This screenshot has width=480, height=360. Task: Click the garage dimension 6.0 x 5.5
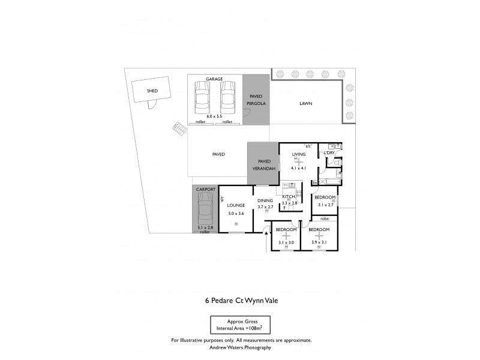point(214,115)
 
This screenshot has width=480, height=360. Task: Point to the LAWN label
point(306,103)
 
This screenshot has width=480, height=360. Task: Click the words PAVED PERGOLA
point(256,100)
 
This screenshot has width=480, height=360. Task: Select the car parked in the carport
point(205,213)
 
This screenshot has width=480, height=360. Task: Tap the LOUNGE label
point(236,205)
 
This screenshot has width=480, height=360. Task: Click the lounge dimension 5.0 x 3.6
point(236,213)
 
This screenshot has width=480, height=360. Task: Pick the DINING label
point(265,200)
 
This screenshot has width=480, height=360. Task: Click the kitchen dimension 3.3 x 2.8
point(290,203)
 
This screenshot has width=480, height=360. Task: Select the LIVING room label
point(299,155)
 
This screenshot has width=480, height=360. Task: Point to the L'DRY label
point(329,154)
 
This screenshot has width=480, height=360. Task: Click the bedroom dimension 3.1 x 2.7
point(325,205)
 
